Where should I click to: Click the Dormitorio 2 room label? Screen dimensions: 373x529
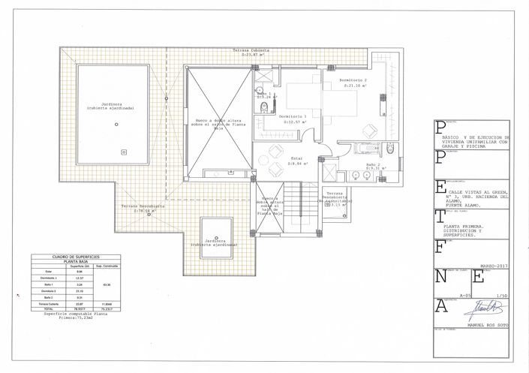tap(353, 80)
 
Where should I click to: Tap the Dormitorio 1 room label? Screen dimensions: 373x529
tap(293, 118)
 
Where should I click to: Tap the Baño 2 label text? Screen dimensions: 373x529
tap(374, 164)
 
